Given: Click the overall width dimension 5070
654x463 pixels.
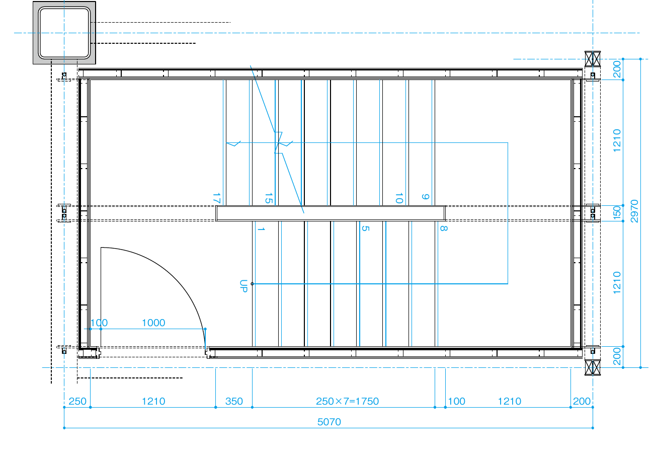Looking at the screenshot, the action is (x=329, y=422).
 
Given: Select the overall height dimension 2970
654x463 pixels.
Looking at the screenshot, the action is (x=634, y=211).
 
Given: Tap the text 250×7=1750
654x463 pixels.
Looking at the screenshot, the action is (x=347, y=401).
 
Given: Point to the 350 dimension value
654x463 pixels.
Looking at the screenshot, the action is (x=234, y=401).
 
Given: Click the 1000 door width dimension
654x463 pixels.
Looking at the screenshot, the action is (x=153, y=323).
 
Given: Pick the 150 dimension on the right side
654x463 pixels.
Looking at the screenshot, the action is (x=617, y=213).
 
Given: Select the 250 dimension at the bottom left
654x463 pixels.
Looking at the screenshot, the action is (x=77, y=401).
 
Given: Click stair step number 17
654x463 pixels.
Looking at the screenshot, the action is (x=216, y=198).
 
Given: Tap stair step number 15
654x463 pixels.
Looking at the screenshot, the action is (x=269, y=198).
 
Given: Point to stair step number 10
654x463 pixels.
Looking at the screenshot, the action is (x=399, y=198).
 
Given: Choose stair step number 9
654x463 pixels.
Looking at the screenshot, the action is (x=426, y=197).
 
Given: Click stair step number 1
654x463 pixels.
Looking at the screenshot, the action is (x=261, y=229).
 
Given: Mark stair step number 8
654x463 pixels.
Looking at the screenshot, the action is (x=444, y=228).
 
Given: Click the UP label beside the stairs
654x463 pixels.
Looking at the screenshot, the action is (x=243, y=286).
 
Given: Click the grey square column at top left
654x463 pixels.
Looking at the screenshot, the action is (x=64, y=33).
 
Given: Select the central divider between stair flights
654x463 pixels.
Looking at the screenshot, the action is (x=331, y=213).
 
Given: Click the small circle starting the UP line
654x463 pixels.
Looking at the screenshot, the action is (x=252, y=284).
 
